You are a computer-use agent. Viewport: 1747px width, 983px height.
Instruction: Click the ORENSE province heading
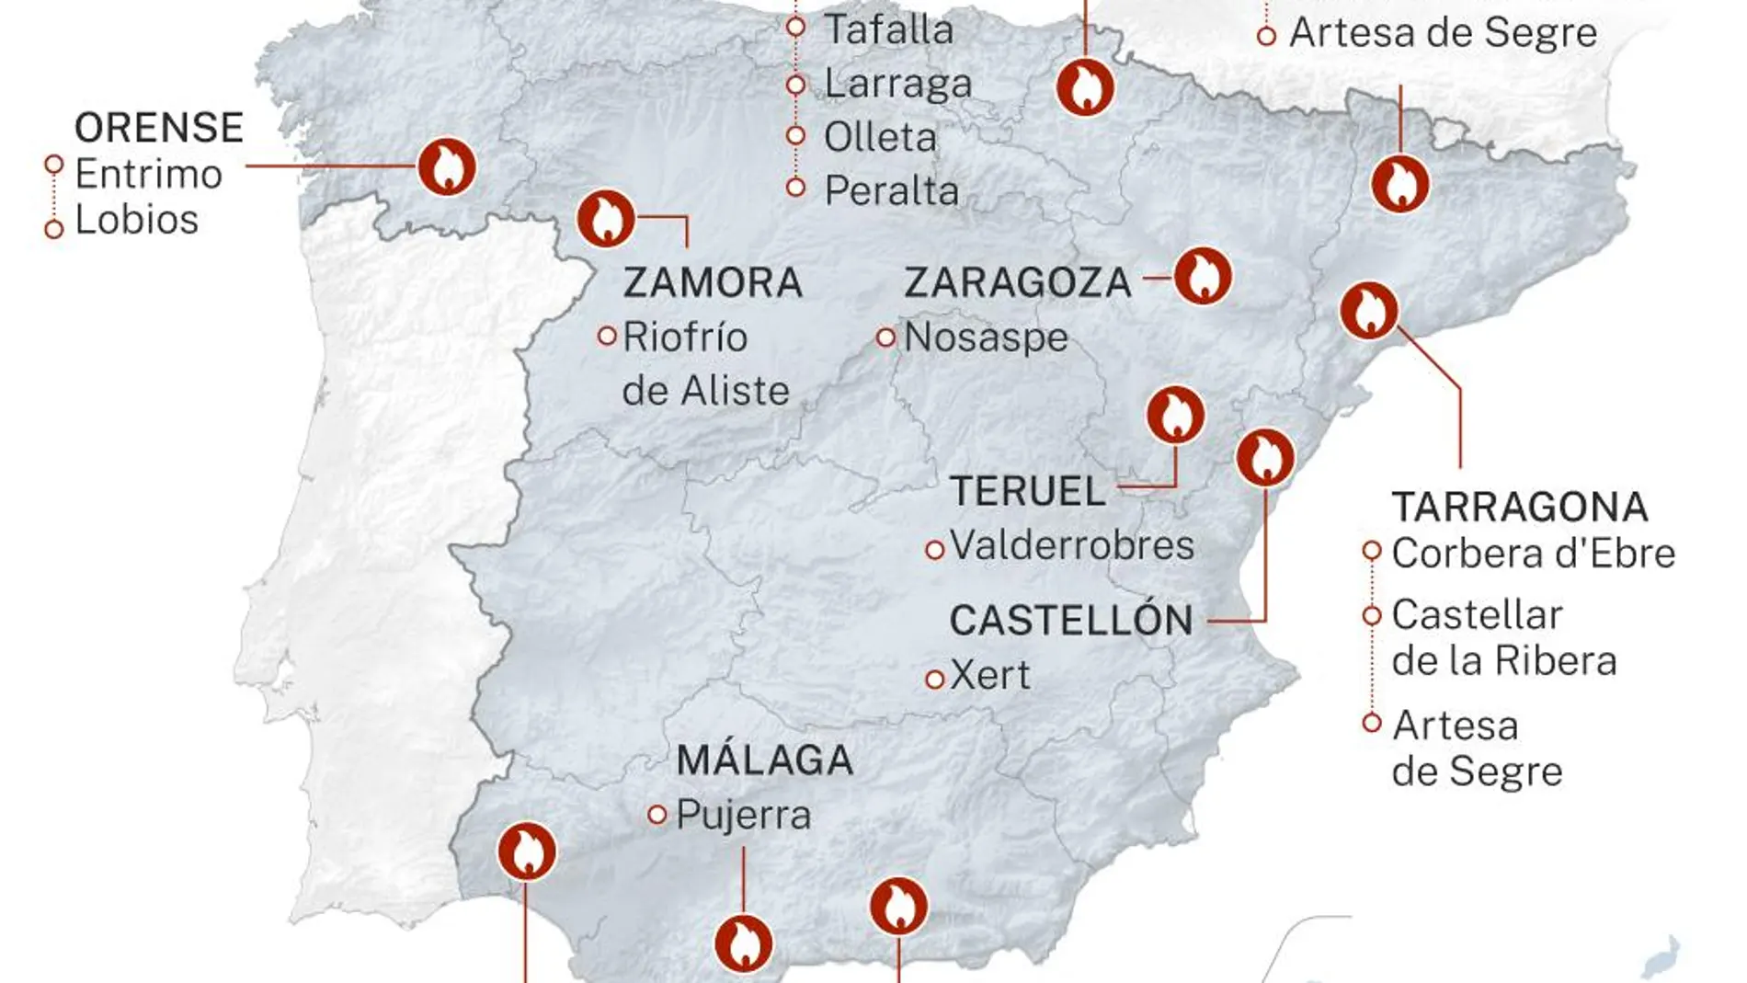[x=158, y=128]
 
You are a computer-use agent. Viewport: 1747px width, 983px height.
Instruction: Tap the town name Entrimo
[x=148, y=174]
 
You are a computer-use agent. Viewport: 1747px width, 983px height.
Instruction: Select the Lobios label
[x=136, y=220]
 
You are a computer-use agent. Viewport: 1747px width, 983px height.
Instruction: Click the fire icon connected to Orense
[x=447, y=167]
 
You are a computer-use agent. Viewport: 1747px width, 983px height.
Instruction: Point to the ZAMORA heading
[x=713, y=282]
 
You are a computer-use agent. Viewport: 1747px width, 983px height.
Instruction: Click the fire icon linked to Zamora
[x=606, y=219]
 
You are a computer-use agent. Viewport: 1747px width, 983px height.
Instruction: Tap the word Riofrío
[x=685, y=337]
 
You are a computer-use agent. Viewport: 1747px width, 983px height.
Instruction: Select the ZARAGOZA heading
[x=1018, y=282]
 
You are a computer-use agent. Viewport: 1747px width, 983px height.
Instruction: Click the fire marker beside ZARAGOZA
[x=1203, y=276]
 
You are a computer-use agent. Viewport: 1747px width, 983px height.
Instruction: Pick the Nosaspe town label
[x=986, y=337]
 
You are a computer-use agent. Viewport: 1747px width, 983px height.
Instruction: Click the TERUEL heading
[x=1027, y=491]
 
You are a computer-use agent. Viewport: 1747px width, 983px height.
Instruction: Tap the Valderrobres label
[x=1072, y=545]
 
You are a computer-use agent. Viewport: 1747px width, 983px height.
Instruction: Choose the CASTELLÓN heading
[x=1071, y=621]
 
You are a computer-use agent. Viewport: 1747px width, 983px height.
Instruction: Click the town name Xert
[x=989, y=676]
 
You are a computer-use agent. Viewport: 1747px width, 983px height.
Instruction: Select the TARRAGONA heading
[x=1519, y=507]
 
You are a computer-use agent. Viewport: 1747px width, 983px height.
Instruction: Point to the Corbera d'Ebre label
[x=1533, y=554]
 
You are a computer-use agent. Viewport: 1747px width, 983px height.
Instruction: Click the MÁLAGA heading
[x=764, y=760]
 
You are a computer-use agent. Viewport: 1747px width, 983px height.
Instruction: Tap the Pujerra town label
[x=743, y=816]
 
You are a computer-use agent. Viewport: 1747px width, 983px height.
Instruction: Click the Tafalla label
[x=888, y=29]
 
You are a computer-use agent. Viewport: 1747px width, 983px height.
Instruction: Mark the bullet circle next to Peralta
[x=796, y=189]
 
